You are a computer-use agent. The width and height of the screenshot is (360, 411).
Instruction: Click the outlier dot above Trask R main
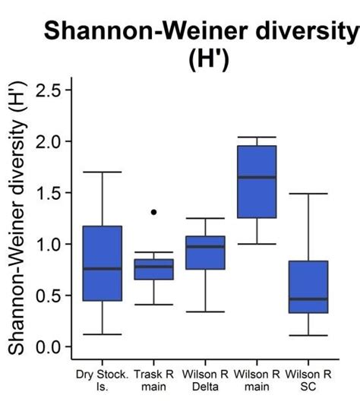tap(153, 212)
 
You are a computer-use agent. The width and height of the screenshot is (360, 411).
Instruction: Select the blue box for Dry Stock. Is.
tap(102, 263)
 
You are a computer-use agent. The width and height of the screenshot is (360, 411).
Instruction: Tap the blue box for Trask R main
tap(153, 270)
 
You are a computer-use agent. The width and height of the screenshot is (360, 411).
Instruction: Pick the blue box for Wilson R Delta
tap(205, 253)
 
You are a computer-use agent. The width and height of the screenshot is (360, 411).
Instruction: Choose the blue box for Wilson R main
tap(257, 182)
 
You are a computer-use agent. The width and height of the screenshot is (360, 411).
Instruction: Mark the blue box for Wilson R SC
tap(308, 286)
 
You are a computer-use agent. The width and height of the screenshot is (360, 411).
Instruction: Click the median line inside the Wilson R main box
tap(257, 177)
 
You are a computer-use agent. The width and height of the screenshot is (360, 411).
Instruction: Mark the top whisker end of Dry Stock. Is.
tap(102, 172)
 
